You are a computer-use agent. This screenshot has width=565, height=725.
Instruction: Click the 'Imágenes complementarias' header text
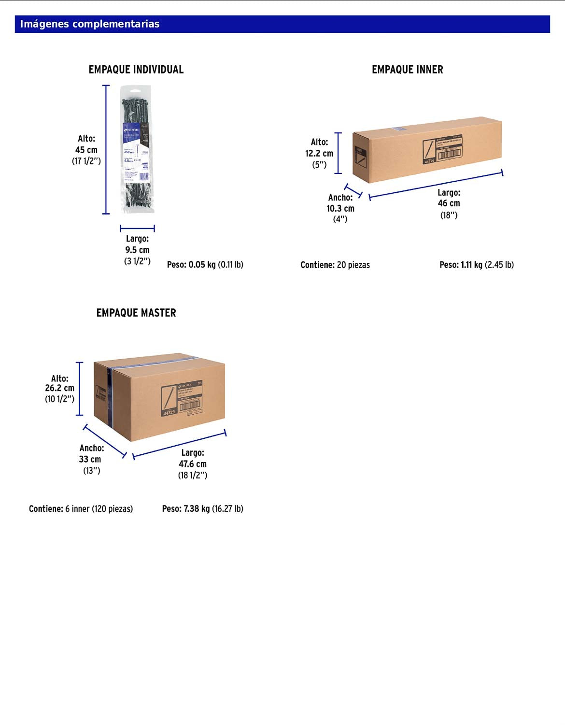(x=90, y=24)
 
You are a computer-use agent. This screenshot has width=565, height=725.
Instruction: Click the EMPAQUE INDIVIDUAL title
(x=136, y=70)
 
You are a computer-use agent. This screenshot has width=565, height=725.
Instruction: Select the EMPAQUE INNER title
(x=407, y=70)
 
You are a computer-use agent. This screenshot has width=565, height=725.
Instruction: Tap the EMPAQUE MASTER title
(x=136, y=313)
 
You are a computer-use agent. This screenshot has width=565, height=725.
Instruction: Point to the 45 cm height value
(x=86, y=150)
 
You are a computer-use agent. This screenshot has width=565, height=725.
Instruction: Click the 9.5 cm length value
(x=137, y=250)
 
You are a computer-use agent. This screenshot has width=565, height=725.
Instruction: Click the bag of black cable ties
(x=138, y=149)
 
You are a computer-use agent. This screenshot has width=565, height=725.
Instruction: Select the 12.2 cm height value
(x=319, y=153)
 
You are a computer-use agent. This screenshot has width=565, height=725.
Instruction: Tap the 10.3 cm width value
(x=340, y=208)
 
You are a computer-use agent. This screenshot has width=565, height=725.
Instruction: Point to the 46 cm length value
(x=449, y=203)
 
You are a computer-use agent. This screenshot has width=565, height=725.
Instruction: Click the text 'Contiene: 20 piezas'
(x=335, y=265)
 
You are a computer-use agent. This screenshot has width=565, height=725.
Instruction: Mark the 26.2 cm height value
(x=60, y=388)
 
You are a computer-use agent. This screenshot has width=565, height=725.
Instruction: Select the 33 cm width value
(x=90, y=459)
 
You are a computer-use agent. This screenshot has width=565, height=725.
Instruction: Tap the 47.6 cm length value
(x=193, y=464)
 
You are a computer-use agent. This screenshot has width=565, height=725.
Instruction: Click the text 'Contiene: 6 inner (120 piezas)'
(x=81, y=508)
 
